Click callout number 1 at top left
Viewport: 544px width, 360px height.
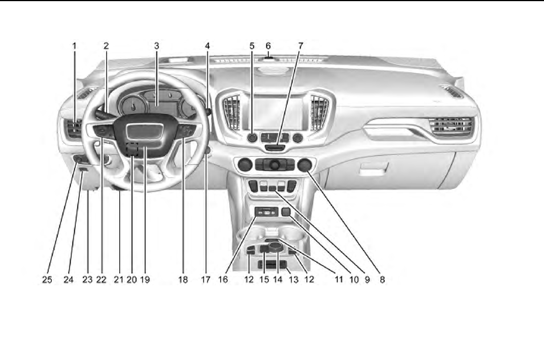pyautogui.click(x=74, y=45)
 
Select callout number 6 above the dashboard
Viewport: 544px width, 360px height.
pyautogui.click(x=268, y=45)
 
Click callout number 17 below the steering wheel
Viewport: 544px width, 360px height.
pyautogui.click(x=205, y=280)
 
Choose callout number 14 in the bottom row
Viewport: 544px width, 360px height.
pyautogui.click(x=278, y=280)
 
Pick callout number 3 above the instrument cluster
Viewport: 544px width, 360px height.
pyautogui.click(x=156, y=45)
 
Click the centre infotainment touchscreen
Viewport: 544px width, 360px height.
pyautogui.click(x=278, y=112)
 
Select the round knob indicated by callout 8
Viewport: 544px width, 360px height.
pyautogui.click(x=305, y=165)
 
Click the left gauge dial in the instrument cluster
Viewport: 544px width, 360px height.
pyautogui.click(x=133, y=106)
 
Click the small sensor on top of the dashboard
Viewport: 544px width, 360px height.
pyautogui.click(x=269, y=56)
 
